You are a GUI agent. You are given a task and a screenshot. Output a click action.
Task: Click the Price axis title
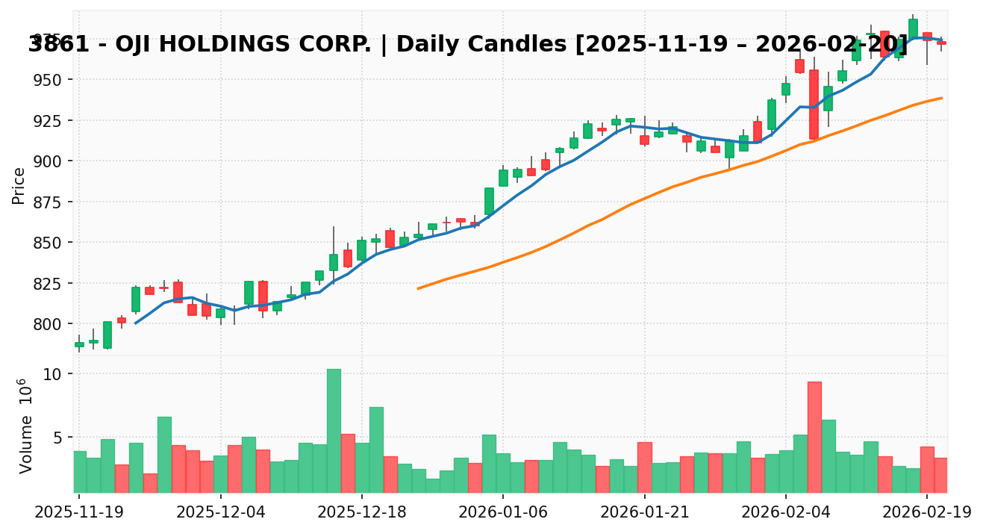point(19,185)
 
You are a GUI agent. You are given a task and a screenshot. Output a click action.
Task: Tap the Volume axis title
point(26,426)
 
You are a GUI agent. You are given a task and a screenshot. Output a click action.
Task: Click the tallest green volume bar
point(334,430)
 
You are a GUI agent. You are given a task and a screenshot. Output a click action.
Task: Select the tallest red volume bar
point(814,437)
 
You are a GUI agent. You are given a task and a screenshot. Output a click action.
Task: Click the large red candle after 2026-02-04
point(814,105)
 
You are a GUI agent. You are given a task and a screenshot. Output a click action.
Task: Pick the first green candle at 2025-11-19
point(79,344)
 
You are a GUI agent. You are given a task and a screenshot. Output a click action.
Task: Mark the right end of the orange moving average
point(941,98)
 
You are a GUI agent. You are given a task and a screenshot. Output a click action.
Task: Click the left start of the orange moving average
point(418,288)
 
